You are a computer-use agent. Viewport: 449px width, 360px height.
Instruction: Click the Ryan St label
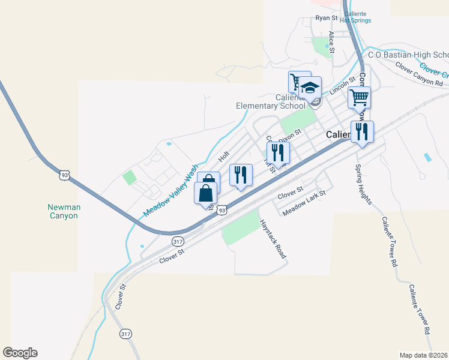327,18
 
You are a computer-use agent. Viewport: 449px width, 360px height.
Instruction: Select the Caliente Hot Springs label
355,17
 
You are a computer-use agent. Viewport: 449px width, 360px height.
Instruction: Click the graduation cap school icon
310,88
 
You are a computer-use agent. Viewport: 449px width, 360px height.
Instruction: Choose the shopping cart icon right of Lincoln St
359,98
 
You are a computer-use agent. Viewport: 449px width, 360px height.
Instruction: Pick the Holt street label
224,156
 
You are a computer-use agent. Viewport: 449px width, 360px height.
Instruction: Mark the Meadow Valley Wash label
170,191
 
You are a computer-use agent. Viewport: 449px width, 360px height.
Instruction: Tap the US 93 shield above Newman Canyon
65,175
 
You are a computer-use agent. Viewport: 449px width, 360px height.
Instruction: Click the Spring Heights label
364,184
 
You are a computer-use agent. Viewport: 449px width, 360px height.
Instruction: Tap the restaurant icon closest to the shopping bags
241,175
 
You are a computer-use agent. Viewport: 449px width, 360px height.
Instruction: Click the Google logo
20,353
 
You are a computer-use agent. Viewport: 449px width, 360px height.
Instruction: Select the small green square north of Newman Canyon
129,178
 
